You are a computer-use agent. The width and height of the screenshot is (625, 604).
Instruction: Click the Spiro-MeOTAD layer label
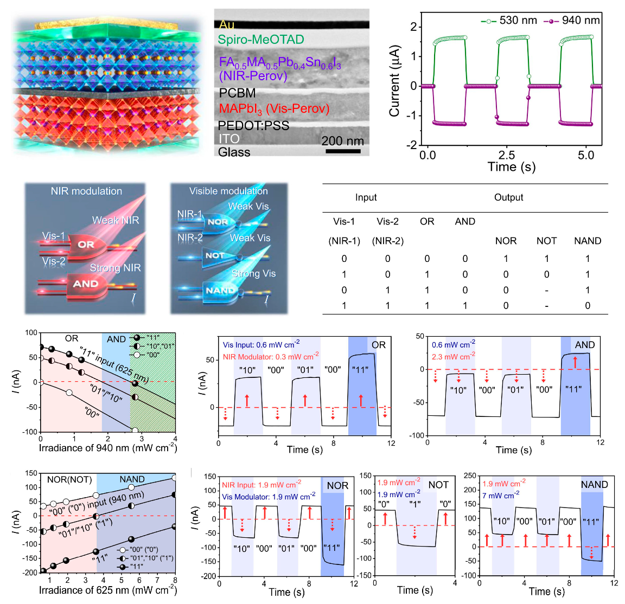pyautogui.click(x=260, y=40)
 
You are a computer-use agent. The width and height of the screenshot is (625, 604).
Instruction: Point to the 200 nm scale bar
pyautogui.click(x=343, y=151)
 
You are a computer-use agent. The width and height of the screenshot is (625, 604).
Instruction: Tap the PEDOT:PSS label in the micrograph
pyautogui.click(x=253, y=126)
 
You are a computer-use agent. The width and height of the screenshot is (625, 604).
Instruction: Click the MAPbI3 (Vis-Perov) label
pyautogui.click(x=274, y=109)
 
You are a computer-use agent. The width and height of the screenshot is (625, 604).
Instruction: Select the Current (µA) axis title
pyautogui.click(x=394, y=81)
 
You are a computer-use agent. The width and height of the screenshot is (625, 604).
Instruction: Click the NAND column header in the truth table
pyautogui.click(x=588, y=241)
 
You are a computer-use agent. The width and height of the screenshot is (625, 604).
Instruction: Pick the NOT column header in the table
pyautogui.click(x=546, y=241)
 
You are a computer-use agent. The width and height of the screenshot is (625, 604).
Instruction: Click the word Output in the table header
pyautogui.click(x=508, y=197)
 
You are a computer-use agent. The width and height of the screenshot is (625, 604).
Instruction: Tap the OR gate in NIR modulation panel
pyautogui.click(x=86, y=245)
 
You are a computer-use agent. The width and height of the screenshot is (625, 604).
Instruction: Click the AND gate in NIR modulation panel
pyautogui.click(x=86, y=284)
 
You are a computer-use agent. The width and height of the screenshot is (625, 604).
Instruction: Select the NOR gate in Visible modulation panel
pyautogui.click(x=218, y=222)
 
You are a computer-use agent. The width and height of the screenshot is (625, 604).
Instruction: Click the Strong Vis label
pyautogui.click(x=253, y=273)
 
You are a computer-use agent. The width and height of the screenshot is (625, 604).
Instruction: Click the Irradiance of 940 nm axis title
pyautogui.click(x=107, y=448)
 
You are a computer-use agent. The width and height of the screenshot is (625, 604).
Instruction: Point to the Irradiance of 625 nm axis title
pyautogui.click(x=107, y=590)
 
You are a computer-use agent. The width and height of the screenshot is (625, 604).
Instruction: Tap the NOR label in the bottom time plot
pyautogui.click(x=337, y=485)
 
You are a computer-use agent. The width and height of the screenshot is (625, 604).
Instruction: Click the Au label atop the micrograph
pyautogui.click(x=227, y=25)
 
